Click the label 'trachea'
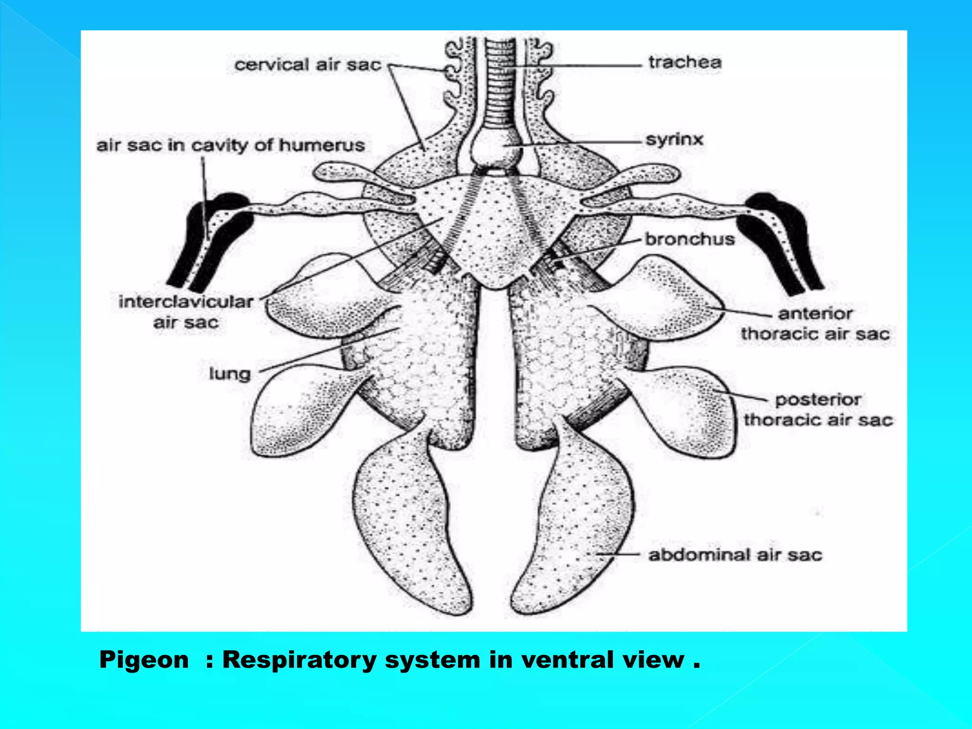(685, 62)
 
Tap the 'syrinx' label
(674, 140)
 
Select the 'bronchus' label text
(690, 239)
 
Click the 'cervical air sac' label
(308, 65)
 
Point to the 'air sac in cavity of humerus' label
(231, 145)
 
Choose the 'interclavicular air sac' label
(186, 312)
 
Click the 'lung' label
(230, 374)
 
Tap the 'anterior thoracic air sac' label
(815, 324)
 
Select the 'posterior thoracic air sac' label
(818, 410)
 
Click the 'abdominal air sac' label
(735, 555)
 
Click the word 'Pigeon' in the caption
(144, 660)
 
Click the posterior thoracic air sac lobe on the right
(688, 408)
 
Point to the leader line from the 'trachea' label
(579, 66)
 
